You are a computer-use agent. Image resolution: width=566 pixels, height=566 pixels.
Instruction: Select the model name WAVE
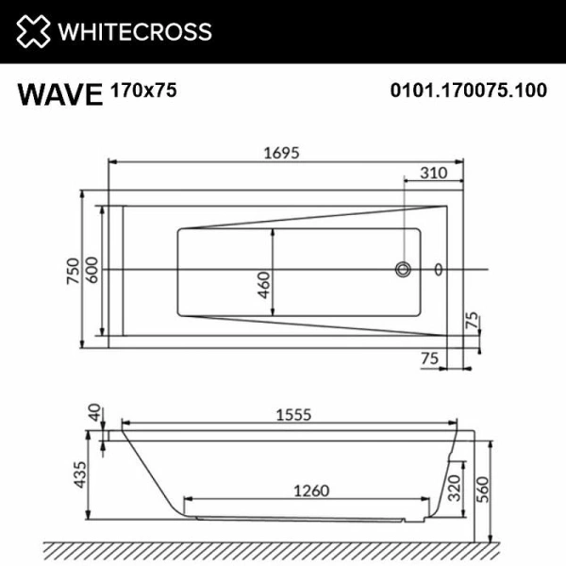click(59, 94)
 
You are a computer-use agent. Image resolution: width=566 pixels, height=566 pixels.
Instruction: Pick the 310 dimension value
click(433, 173)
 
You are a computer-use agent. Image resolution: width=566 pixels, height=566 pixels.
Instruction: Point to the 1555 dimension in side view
click(292, 415)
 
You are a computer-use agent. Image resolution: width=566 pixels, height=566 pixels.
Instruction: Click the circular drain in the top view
click(404, 269)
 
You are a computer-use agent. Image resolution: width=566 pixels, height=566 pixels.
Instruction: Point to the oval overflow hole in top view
click(437, 269)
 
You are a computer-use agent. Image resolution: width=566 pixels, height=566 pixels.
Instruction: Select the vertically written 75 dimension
click(471, 321)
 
